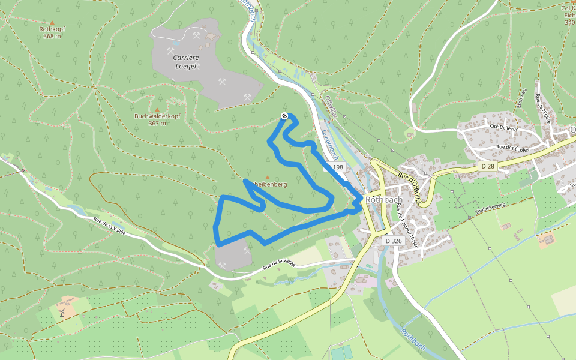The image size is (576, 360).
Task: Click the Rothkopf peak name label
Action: (52, 29)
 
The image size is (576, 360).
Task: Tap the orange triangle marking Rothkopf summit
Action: (52, 22)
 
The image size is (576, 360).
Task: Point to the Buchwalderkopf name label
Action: (157, 116)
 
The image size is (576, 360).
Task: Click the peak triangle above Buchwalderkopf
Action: (157, 109)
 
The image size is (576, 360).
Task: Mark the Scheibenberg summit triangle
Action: (267, 178)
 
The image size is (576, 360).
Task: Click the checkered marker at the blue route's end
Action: (284, 116)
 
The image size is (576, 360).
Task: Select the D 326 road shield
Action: (392, 241)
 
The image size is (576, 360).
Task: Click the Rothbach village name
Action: (383, 200)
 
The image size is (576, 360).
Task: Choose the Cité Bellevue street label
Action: (502, 127)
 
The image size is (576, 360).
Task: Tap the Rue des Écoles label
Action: (511, 148)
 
